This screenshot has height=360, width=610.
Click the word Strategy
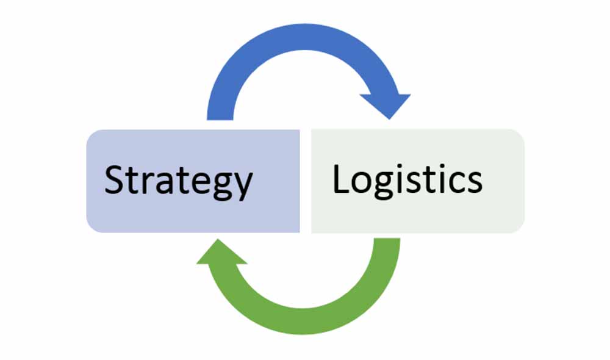[x=178, y=181]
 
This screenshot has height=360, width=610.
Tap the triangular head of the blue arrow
[x=386, y=104]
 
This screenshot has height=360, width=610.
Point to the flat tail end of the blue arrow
[x=220, y=115]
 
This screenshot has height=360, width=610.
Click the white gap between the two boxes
[x=306, y=181]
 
